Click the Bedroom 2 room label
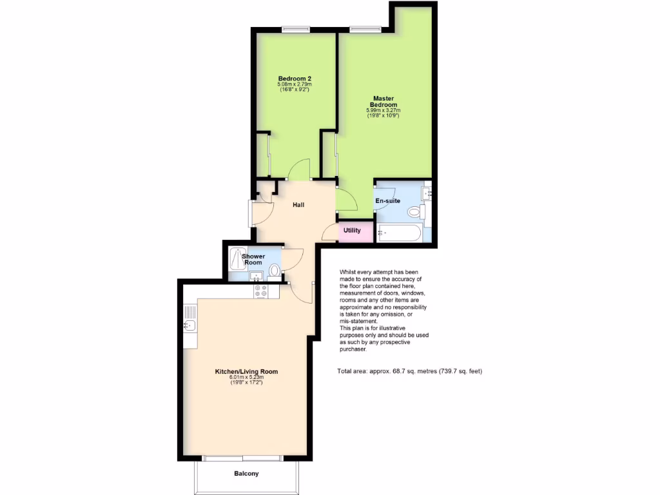[x=295, y=79]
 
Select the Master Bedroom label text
[x=383, y=101]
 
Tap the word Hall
[x=298, y=205]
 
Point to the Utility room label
[x=352, y=231]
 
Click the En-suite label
[x=388, y=201]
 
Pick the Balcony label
[x=246, y=474]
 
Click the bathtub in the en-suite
[x=399, y=233]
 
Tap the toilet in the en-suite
[x=414, y=211]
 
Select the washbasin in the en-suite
[x=425, y=191]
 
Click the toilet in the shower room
[x=275, y=270]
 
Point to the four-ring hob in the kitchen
[x=261, y=291]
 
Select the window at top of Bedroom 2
[x=296, y=28]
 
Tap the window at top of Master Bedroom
[x=365, y=28]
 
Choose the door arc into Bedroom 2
[x=300, y=169]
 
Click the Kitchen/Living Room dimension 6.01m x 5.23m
[x=246, y=378]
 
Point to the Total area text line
[x=409, y=371]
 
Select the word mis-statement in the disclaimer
[x=358, y=320]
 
